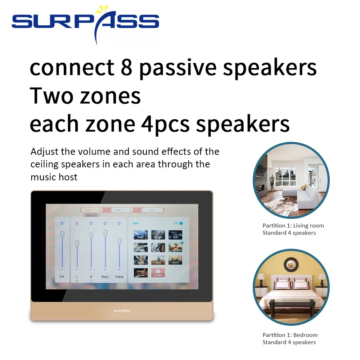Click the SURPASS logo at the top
(x=85, y=23)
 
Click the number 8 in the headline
(x=126, y=68)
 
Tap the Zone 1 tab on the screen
(x=91, y=210)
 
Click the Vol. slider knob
(x=62, y=234)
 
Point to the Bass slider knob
(x=105, y=233)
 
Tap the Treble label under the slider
(x=119, y=276)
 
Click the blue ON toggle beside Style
(x=181, y=223)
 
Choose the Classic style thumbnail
(x=141, y=273)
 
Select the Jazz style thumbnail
(x=175, y=235)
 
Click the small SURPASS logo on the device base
(x=122, y=310)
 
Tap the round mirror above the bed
(x=291, y=265)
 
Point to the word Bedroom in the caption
(x=306, y=335)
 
